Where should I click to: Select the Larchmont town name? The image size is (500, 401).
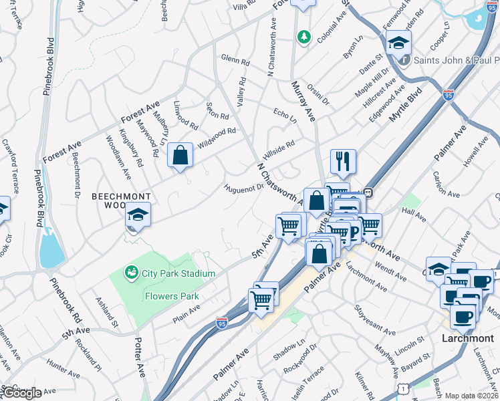(468, 338)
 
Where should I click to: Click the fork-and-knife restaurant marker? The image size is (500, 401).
(343, 162)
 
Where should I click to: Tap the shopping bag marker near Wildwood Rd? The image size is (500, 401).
(180, 156)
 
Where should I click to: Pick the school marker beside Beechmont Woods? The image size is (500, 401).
(138, 215)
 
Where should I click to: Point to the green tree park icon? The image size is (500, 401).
(304, 35)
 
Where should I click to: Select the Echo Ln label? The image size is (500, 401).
(285, 115)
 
